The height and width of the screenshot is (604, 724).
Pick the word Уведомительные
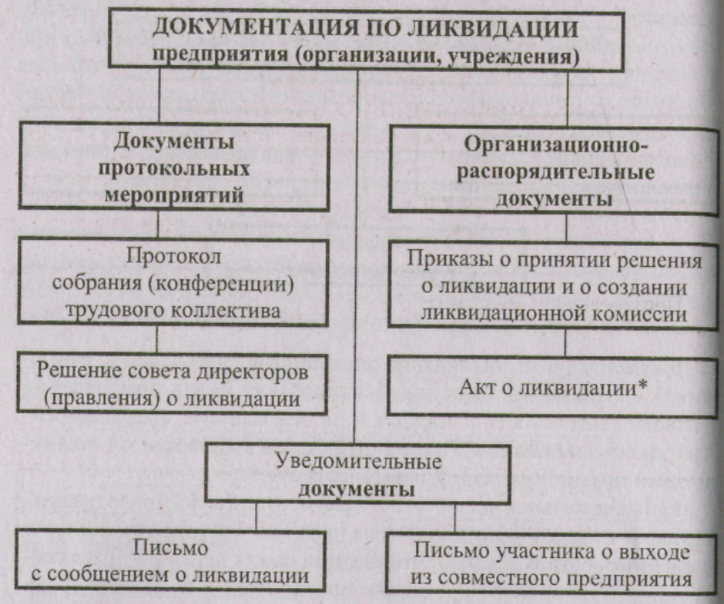[x=357, y=462]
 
